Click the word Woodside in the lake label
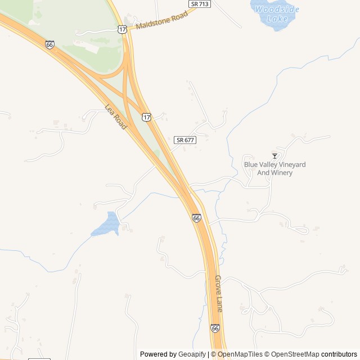[277, 10]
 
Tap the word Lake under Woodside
[278, 19]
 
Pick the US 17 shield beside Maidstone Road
[123, 29]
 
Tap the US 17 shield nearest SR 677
[146, 117]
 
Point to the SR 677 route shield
[184, 139]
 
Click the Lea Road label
[116, 118]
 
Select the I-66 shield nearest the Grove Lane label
[215, 327]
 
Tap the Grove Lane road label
[219, 294]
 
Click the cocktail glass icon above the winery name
[274, 156]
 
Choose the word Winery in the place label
[282, 173]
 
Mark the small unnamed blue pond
[106, 224]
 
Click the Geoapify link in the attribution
[192, 354]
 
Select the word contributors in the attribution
[339, 354]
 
